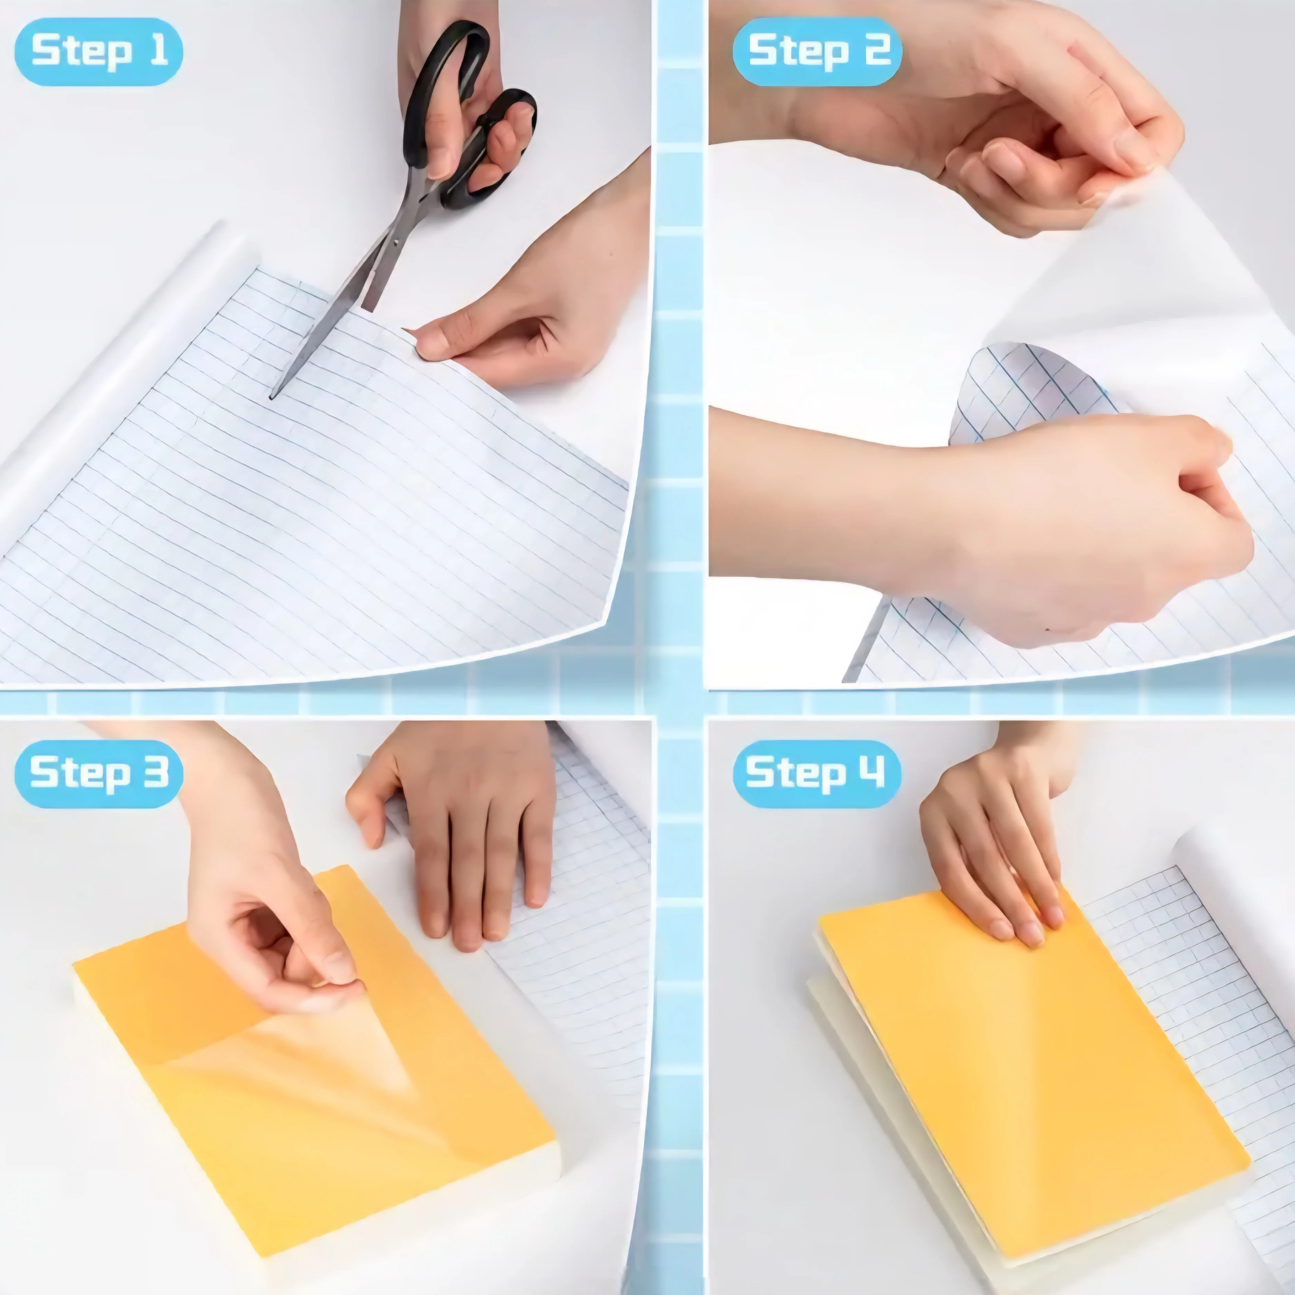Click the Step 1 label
[98, 51]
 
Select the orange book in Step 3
[315, 1052]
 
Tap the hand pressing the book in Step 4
[992, 838]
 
